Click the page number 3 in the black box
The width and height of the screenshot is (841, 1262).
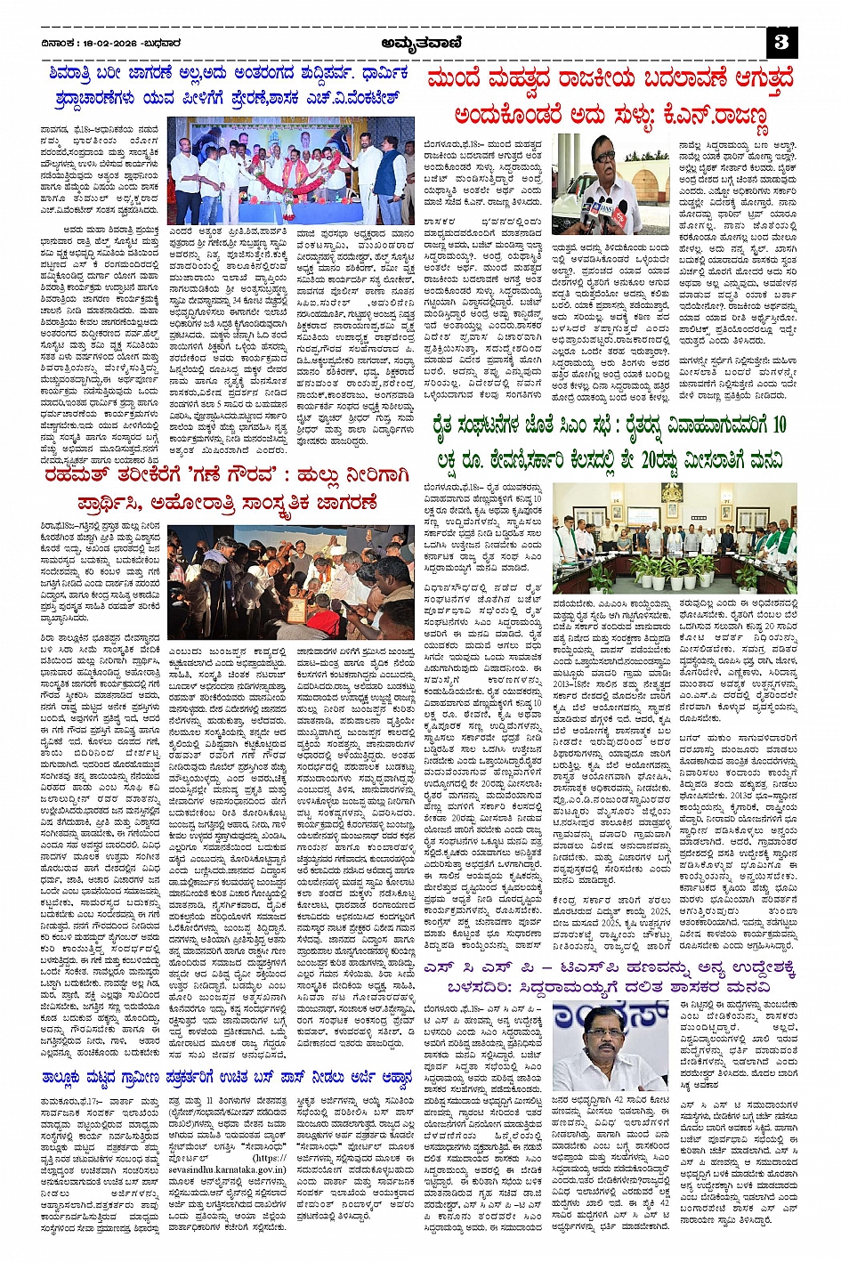tap(781, 42)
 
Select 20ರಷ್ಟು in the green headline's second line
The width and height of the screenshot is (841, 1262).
tap(635, 460)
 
